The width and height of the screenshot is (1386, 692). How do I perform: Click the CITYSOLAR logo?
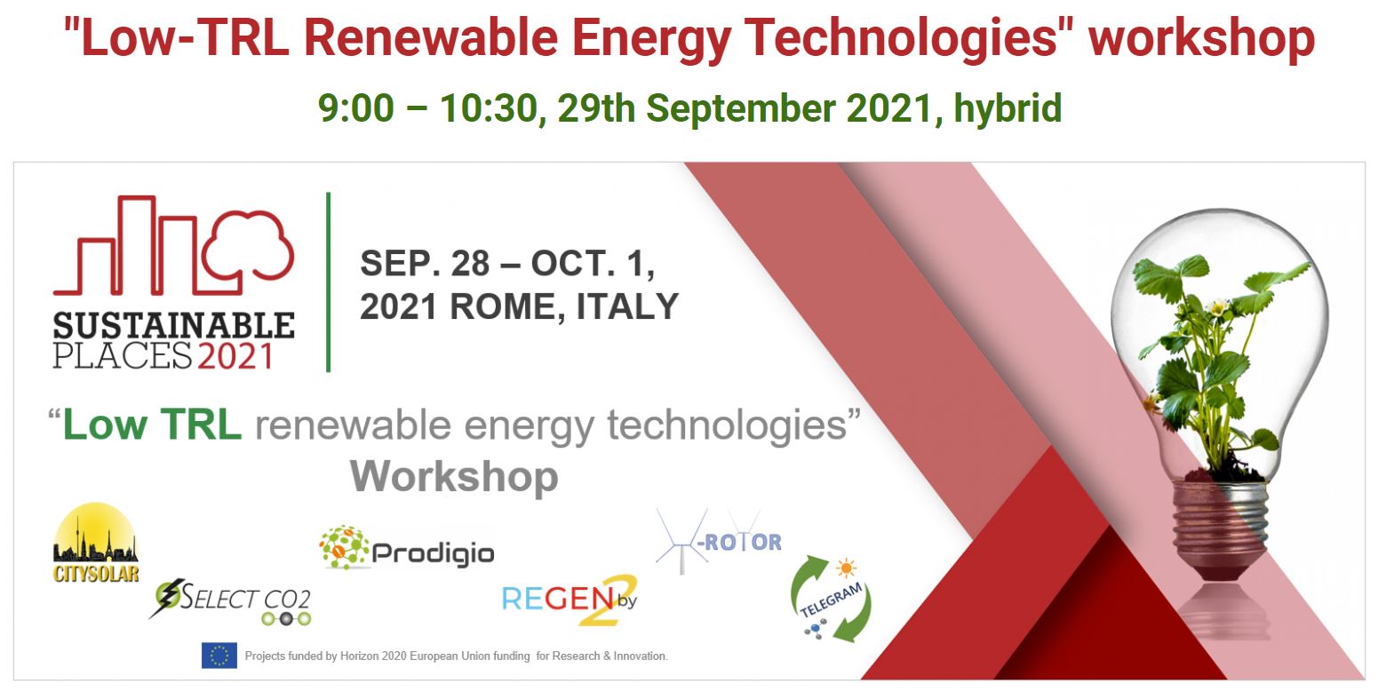coord(95,544)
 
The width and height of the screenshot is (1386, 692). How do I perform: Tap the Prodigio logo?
coord(407,548)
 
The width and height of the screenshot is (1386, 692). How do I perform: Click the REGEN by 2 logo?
coord(570,600)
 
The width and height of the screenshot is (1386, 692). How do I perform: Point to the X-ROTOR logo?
coord(719,541)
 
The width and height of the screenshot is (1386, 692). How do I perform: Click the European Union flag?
coord(219,656)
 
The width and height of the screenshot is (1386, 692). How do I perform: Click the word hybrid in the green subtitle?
coord(1008,108)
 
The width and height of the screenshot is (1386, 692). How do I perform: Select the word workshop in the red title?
coord(1201,37)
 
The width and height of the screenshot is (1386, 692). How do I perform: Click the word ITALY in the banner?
coord(627,306)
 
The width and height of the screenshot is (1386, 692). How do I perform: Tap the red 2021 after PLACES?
coord(235,355)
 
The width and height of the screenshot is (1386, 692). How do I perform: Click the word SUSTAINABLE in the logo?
coord(174,326)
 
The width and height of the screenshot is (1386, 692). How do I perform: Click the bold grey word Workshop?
coord(454,477)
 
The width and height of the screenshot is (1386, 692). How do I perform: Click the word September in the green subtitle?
coord(741,108)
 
